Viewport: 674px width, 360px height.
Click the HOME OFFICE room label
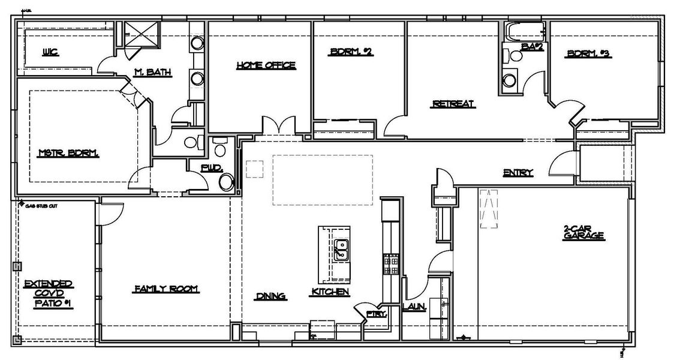coord(266,65)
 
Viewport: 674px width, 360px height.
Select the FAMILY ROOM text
coord(166,289)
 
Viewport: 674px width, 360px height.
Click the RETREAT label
coord(453,104)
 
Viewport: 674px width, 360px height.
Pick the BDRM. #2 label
coord(351,52)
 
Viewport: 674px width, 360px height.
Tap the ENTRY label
coord(518,173)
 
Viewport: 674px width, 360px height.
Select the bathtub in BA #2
coord(523,31)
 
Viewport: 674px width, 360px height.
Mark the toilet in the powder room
coord(227,181)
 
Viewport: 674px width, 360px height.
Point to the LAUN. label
coord(414,307)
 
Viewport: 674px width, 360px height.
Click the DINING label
coord(270,295)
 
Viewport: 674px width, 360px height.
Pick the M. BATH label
coord(153,73)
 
